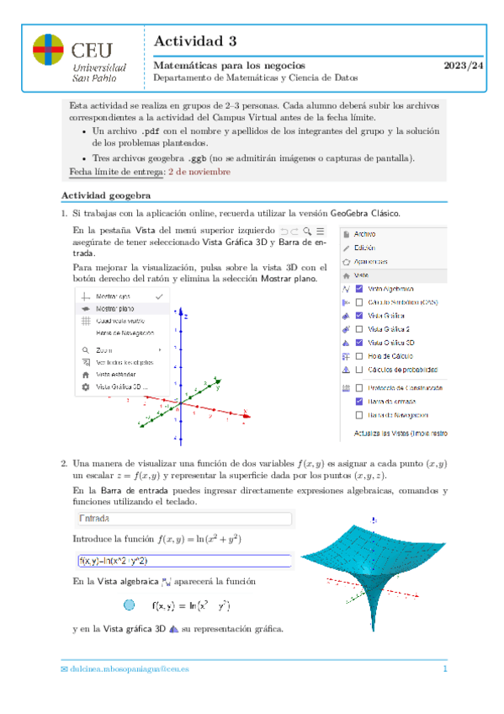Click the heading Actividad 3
pos(195,40)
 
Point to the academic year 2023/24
pos(464,66)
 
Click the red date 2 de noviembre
pos(199,171)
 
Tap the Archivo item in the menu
pos(365,233)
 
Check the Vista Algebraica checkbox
pos(359,288)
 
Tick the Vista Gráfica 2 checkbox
pos(359,329)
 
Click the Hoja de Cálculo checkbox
pos(359,356)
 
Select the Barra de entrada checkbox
pos(359,402)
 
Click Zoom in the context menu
pos(104,349)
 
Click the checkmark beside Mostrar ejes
pos(158,297)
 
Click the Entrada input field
pos(183,520)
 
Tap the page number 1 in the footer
pos(445,669)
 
